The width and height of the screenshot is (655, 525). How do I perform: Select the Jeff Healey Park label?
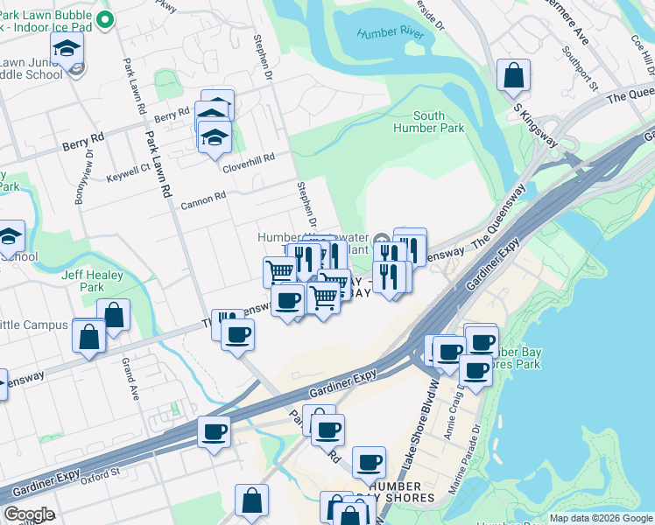pos(83,281)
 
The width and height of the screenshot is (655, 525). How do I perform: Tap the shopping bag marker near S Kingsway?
pos(513,76)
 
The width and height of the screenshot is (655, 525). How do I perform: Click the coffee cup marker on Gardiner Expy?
pos(215,430)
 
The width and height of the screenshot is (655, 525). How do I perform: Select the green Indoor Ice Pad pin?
pos(105,19)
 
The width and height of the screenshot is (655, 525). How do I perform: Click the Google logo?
pos(29,514)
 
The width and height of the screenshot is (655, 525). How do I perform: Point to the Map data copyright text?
pos(600,518)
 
